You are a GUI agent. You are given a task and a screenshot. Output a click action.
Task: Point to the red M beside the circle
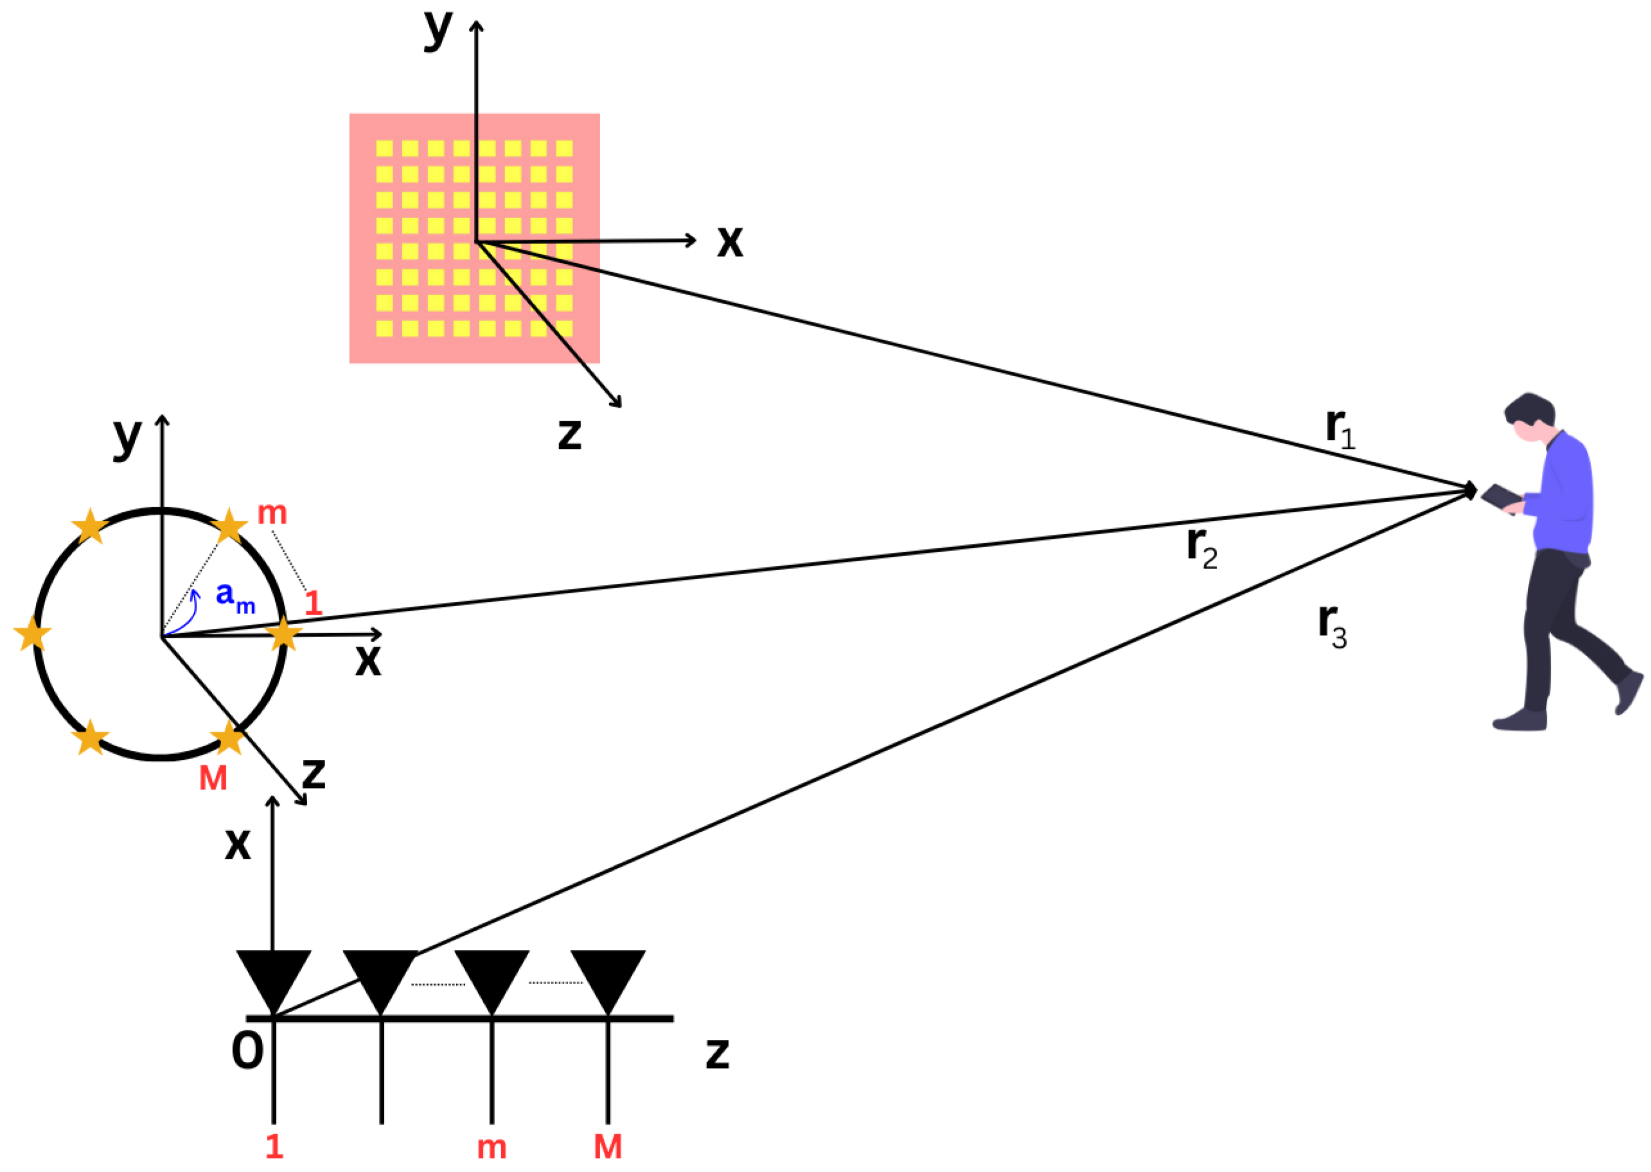click(213, 778)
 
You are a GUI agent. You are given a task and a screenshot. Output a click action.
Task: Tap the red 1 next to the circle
click(313, 603)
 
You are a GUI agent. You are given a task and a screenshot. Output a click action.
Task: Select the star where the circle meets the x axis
click(283, 635)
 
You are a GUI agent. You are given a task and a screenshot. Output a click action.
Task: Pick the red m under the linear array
click(492, 1147)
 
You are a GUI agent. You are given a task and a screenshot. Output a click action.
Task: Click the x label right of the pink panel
click(729, 241)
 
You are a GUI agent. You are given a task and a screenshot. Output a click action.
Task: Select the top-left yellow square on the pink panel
click(385, 148)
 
